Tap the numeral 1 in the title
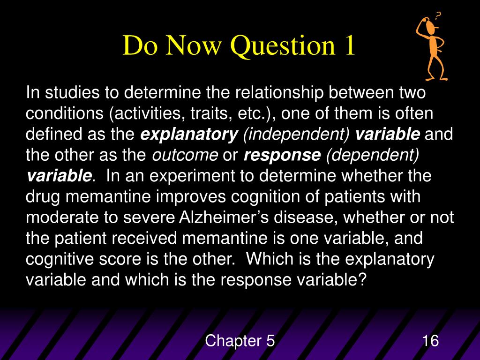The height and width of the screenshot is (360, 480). tap(347, 47)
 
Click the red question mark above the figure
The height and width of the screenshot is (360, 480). tap(438, 16)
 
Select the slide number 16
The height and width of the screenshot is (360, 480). tap(430, 341)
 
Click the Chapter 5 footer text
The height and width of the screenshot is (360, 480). tap(240, 341)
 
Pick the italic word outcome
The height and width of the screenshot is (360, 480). tap(185, 155)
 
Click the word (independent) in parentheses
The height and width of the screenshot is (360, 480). tap(296, 135)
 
